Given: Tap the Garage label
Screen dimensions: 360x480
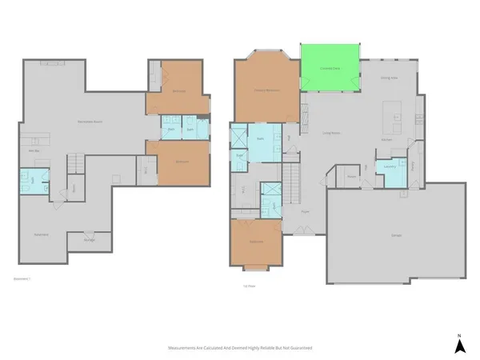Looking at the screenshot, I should point(396,235).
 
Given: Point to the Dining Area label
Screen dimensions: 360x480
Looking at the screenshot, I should point(390,78).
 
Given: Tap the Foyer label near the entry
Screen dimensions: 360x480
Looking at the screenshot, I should point(305,211).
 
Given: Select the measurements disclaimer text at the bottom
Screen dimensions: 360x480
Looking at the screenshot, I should point(239,349).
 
